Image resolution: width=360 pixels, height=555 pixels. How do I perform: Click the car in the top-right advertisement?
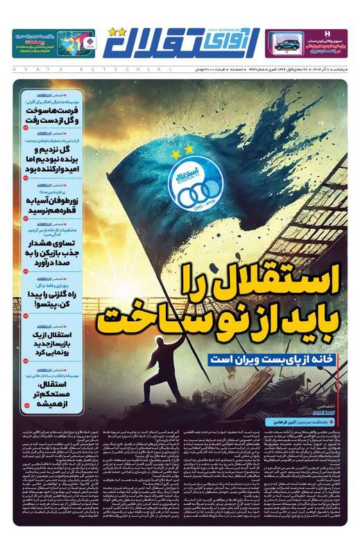286,44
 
